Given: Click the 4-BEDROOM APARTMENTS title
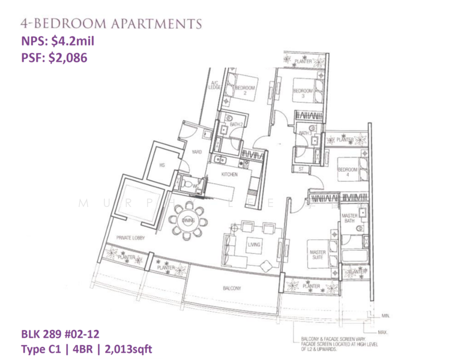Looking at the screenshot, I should pyautogui.click(x=110, y=23).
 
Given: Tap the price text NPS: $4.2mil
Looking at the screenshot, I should pyautogui.click(x=57, y=41).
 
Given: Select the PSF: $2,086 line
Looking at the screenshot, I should pyautogui.click(x=55, y=59).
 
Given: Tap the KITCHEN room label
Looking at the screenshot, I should pyautogui.click(x=229, y=175).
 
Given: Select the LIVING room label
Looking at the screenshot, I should pyautogui.click(x=254, y=244).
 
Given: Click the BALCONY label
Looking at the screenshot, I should pyautogui.click(x=232, y=289).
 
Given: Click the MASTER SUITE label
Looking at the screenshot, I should pyautogui.click(x=318, y=256).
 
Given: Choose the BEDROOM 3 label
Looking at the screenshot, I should pyautogui.click(x=303, y=93).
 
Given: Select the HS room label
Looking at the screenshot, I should pyautogui.click(x=162, y=166).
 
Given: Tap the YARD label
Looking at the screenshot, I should pyautogui.click(x=196, y=152).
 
